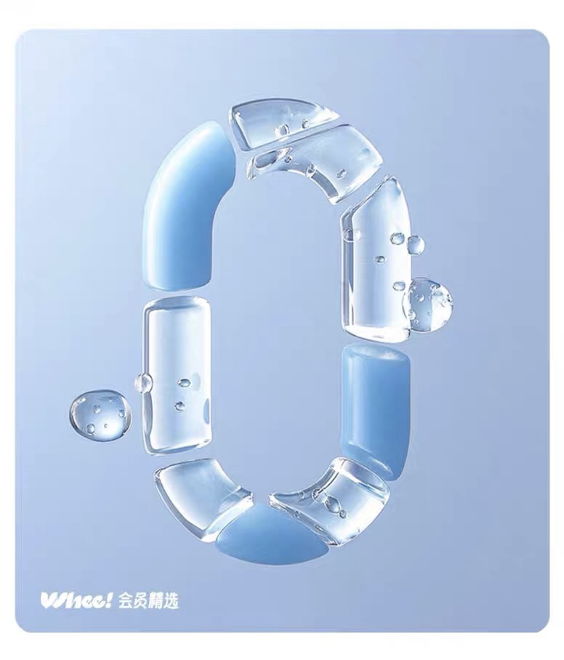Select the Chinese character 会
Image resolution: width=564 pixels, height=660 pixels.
(126, 601)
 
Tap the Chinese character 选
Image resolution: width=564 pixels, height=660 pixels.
(172, 601)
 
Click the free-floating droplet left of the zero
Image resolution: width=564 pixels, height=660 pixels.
(100, 414)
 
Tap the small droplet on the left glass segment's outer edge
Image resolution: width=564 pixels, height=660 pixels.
(143, 382)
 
